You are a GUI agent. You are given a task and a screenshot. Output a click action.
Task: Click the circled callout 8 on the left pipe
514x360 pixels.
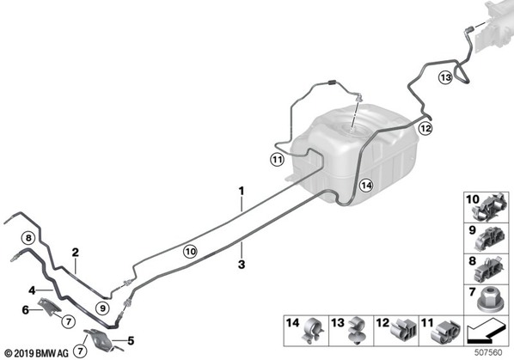pos(28,238)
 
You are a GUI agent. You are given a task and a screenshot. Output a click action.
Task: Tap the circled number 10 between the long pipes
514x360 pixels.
pos(190,252)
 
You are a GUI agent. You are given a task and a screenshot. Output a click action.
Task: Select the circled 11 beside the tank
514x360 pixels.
pos(278,160)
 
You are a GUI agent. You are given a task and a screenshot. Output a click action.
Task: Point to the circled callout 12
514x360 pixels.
pos(425,128)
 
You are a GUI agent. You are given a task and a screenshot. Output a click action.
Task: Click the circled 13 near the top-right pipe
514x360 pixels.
pos(446,78)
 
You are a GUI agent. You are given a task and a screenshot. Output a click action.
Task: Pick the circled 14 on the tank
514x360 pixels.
pos(366,186)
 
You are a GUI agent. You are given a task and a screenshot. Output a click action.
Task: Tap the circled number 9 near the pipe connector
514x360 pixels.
pos(102,308)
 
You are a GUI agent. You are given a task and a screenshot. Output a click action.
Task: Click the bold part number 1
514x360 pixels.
pos(242,191)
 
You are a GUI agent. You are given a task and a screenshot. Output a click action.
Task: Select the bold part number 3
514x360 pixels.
pos(242,265)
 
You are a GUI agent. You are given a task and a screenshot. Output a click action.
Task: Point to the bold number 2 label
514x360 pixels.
pos(76,253)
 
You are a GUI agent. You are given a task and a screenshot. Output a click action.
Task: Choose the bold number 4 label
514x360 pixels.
pos(32,290)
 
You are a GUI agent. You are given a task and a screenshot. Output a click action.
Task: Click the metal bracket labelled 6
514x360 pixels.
pos(49,307)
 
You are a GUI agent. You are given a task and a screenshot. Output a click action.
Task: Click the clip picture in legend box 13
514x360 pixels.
pos(357,330)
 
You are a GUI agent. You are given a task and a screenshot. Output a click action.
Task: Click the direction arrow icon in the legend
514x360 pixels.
pos(486,333)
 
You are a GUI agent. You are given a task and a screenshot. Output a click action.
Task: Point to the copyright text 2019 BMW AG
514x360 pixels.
pos(37,354)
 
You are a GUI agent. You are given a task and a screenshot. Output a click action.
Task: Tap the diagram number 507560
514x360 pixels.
pos(489,353)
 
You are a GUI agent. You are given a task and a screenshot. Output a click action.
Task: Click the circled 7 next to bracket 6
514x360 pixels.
pos(68,321)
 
